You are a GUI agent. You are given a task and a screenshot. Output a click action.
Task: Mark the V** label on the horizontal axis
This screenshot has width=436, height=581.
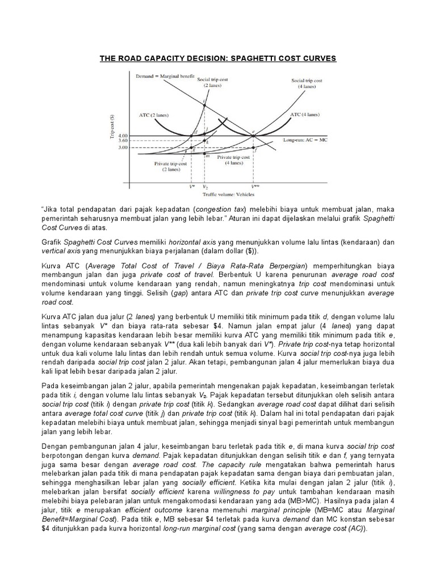click(254, 186)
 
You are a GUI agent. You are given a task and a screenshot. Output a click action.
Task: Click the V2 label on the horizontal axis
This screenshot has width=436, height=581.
click(205, 186)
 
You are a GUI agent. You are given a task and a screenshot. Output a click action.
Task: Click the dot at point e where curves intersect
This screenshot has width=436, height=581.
click(253, 136)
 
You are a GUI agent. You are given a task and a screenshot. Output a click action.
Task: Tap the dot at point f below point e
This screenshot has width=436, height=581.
click(253, 148)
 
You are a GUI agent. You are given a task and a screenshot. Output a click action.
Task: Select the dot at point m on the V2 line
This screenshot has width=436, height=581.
click(204, 154)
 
